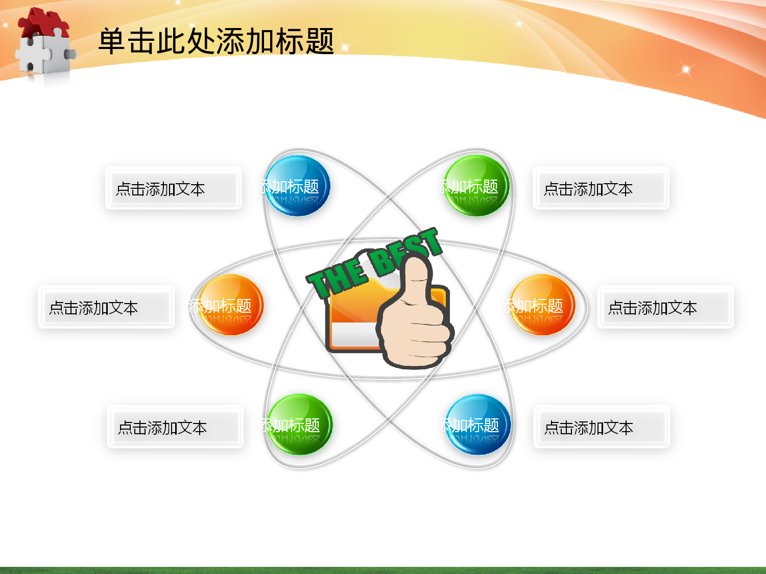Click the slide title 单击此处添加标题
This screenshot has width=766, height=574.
coord(216,41)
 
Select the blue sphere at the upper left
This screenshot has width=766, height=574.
coord(297,186)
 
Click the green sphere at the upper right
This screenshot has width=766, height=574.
coord(476,186)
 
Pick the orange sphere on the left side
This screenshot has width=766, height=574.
coord(231,305)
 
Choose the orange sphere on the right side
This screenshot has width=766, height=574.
coord(542,305)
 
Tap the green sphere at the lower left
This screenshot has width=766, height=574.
coord(300,425)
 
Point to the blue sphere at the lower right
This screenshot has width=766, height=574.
coord(478,425)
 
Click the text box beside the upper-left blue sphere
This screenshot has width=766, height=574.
coord(173,188)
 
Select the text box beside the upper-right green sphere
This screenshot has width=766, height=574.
coord(601,188)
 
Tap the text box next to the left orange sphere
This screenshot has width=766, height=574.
coord(106,307)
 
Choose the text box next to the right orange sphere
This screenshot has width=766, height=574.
coord(665,307)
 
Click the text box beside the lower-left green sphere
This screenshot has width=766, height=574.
coord(175,427)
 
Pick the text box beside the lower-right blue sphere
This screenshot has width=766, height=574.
coord(601,427)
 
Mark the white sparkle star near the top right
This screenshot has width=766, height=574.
coord(686,69)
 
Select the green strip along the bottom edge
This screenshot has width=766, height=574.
coord(383,570)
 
